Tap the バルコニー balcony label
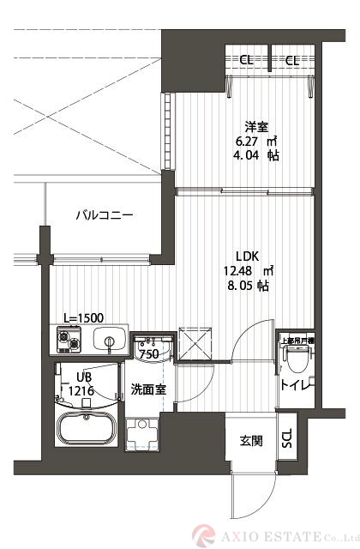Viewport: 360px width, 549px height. pos(104,215)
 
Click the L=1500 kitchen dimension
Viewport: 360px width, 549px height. pos(83,317)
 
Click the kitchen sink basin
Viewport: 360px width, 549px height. pos(110,341)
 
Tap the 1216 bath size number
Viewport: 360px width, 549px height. pos(83,390)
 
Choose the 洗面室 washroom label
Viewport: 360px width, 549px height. pos(147,388)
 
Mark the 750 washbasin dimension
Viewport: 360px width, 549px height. pos(149,353)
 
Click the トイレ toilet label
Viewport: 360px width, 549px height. pos(297,384)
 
